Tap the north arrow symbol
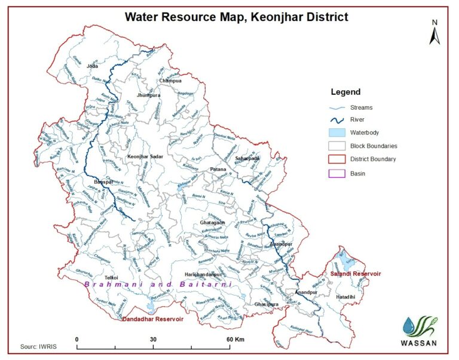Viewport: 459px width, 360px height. click(x=434, y=33)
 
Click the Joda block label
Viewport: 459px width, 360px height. click(x=92, y=66)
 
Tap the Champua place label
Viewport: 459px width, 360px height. click(x=170, y=80)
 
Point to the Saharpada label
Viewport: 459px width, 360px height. click(x=247, y=158)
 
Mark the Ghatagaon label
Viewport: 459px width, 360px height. click(x=213, y=223)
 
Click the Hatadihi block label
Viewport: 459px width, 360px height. click(x=348, y=296)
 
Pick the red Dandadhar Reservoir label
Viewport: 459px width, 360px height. click(x=152, y=319)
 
